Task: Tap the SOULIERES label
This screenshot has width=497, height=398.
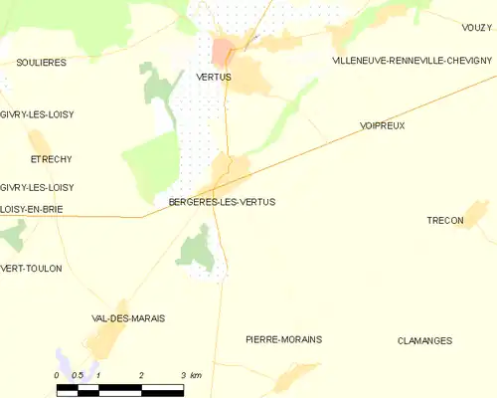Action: (42, 62)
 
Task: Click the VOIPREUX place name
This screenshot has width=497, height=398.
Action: (383, 126)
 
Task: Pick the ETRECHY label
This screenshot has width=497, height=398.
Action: (51, 159)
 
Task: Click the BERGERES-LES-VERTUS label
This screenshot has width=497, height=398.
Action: (216, 201)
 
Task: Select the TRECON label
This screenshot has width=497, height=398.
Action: (444, 221)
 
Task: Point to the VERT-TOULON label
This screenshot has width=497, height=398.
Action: (31, 269)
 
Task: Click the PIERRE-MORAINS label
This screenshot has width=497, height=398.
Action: (283, 339)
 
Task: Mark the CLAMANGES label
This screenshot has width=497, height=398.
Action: (424, 340)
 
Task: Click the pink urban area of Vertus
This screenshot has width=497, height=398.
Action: (223, 50)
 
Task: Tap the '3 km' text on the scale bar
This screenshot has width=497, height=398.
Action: (190, 375)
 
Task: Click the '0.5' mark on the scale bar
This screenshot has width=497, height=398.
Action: (78, 375)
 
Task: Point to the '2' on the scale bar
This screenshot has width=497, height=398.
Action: (141, 375)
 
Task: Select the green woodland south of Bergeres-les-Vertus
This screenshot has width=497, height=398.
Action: (198, 249)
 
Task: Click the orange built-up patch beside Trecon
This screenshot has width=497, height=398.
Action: (476, 211)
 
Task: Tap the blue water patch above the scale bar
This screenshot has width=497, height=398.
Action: (65, 360)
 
